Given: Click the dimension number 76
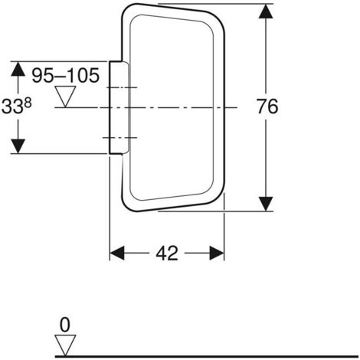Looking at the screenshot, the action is click(x=267, y=106).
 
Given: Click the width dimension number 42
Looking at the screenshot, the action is click(x=167, y=254).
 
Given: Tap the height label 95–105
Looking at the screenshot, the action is click(x=65, y=75).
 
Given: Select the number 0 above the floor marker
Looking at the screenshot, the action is click(x=64, y=325).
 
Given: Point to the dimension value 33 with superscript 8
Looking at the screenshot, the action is click(x=16, y=106).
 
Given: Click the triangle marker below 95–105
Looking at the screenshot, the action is click(x=66, y=97).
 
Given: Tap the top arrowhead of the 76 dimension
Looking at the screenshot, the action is click(x=266, y=11).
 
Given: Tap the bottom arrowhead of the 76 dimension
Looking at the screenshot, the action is click(x=266, y=204).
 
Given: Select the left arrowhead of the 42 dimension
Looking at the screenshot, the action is click(x=116, y=253).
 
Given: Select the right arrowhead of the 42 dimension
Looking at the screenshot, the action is click(x=217, y=253).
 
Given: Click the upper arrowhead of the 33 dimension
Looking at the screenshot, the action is click(x=18, y=69).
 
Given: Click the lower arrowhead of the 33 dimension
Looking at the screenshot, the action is click(x=18, y=146).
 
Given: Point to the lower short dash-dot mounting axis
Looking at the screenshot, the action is click(x=120, y=138).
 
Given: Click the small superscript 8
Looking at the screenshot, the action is click(x=28, y=103).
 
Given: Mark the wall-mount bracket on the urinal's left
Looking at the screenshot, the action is click(x=119, y=108).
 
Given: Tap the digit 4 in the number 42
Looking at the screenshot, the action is click(x=162, y=254).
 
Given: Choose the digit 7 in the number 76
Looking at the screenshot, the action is click(x=262, y=106).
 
